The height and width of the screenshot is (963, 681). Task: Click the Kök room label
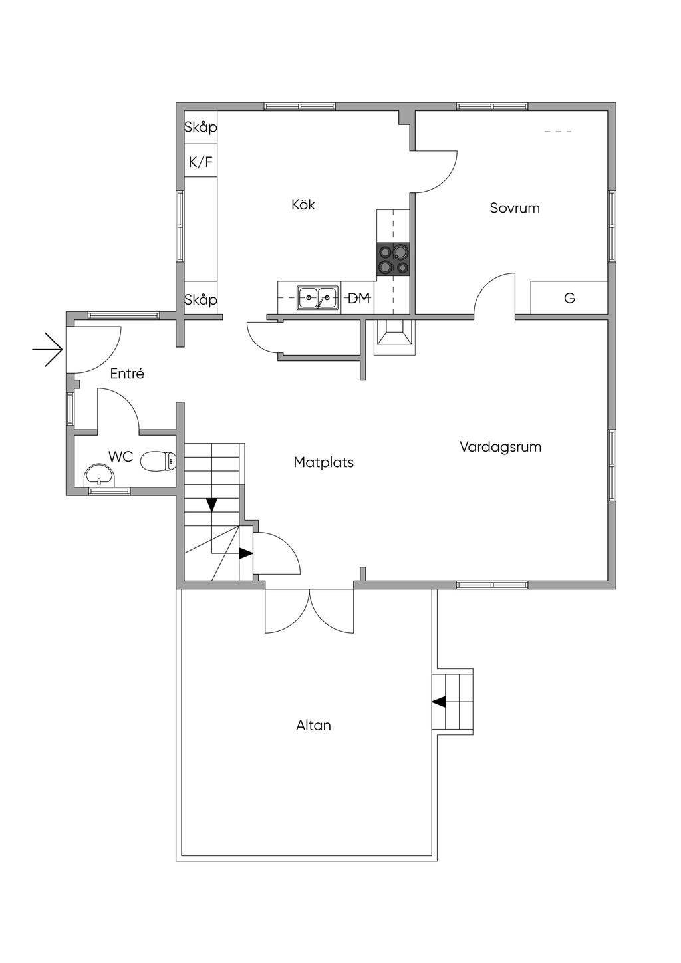tap(303, 204)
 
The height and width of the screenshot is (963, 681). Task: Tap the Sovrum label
tap(515, 208)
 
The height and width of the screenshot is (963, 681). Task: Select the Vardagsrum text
tap(500, 447)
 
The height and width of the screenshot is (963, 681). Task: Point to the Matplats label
tap(324, 462)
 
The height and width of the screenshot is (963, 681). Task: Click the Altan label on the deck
tap(313, 726)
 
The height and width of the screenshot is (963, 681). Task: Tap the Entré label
tap(127, 374)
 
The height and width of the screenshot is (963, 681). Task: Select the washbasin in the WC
tap(100, 476)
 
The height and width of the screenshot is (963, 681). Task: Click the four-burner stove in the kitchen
tap(393, 259)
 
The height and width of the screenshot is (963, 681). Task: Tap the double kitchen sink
tap(318, 297)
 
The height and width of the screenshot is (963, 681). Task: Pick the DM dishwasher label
tap(359, 298)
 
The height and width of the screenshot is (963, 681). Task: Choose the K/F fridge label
tap(201, 162)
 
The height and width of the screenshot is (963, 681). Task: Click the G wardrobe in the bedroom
tap(569, 297)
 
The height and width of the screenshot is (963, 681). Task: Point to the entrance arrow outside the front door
tap(48, 350)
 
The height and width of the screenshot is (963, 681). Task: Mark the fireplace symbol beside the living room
tap(394, 337)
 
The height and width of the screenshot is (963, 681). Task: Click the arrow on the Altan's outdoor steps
tap(439, 702)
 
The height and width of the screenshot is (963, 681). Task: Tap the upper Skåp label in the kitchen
tap(201, 127)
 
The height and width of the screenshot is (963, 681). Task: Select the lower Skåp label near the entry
tap(201, 299)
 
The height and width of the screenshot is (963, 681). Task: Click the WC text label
tap(121, 457)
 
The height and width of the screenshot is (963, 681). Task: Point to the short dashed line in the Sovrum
tap(558, 132)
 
